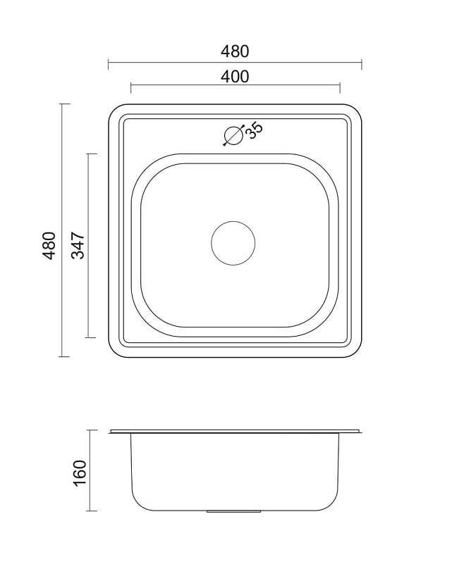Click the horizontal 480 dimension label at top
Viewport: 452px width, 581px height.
[x=235, y=51]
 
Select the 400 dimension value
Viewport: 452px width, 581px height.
[x=235, y=76]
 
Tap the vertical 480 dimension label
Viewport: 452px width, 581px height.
[x=49, y=245]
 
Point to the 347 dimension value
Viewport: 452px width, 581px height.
[x=78, y=245]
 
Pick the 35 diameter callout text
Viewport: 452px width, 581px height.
[x=254, y=130]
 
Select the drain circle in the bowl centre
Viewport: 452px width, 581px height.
[x=233, y=243]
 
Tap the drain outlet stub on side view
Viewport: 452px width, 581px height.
[x=233, y=512]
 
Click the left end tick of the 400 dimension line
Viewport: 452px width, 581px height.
[x=131, y=89]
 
